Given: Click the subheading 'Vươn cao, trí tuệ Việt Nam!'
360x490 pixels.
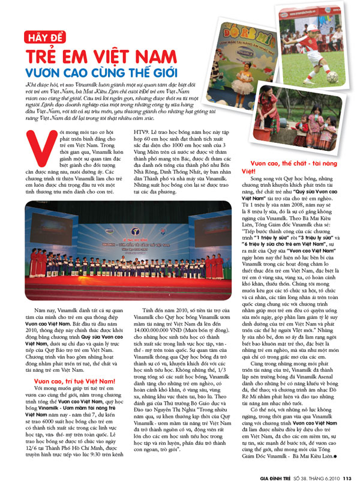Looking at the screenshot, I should click(74, 363).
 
